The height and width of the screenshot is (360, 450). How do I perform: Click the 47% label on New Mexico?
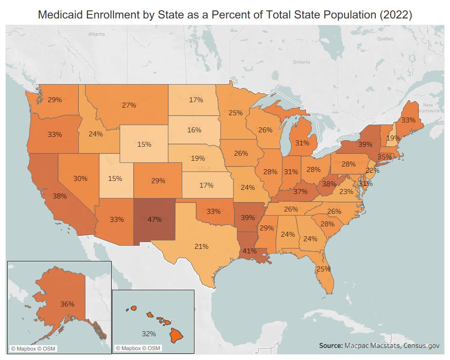(154, 220)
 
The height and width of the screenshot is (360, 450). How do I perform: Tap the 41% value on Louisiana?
(250, 251)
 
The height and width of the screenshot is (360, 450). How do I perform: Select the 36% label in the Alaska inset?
(67, 304)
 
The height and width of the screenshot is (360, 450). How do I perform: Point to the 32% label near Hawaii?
(148, 334)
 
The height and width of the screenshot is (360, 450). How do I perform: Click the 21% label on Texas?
(201, 246)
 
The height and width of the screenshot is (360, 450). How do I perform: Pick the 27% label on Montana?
(129, 105)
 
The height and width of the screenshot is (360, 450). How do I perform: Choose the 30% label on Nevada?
(80, 179)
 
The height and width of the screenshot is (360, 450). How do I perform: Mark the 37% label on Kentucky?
(300, 191)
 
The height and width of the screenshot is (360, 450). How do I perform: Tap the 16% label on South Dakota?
(194, 130)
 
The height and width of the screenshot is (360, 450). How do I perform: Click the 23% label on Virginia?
(346, 191)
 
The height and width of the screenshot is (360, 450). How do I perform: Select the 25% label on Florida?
(323, 269)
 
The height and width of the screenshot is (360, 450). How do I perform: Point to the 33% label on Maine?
(408, 120)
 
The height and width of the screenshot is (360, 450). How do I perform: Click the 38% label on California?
(59, 196)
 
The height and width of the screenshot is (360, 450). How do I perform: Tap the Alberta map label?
(96, 34)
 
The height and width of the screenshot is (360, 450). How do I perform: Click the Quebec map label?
(385, 39)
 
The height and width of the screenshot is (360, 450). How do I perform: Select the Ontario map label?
(301, 62)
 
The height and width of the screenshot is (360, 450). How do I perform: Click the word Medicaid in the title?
(62, 15)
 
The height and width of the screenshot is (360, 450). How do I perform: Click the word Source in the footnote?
(330, 346)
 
